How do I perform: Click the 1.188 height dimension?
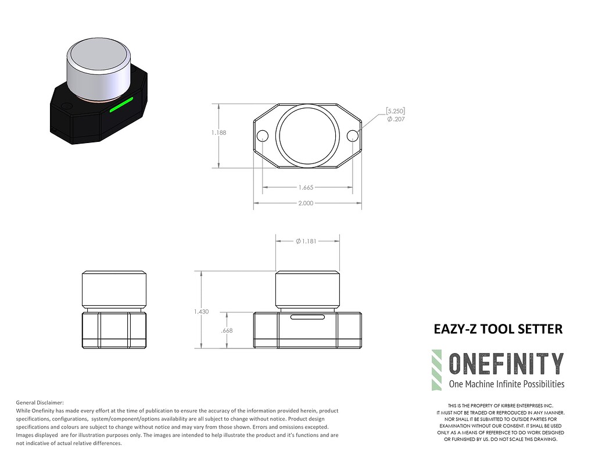click(219, 133)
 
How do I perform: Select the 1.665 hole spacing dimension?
click(306, 188)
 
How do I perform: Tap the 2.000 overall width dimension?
click(306, 203)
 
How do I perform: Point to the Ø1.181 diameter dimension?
click(306, 241)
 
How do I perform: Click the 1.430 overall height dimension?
click(202, 312)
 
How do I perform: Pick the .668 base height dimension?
click(227, 330)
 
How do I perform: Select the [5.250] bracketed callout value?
click(396, 110)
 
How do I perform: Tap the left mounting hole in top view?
click(262, 136)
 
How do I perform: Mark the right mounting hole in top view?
click(352, 135)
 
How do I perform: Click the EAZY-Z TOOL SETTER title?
click(498, 329)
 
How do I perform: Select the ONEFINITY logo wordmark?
click(506, 363)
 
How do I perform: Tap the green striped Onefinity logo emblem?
click(436, 370)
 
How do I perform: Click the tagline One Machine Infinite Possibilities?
click(506, 384)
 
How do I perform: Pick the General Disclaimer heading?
click(40, 402)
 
